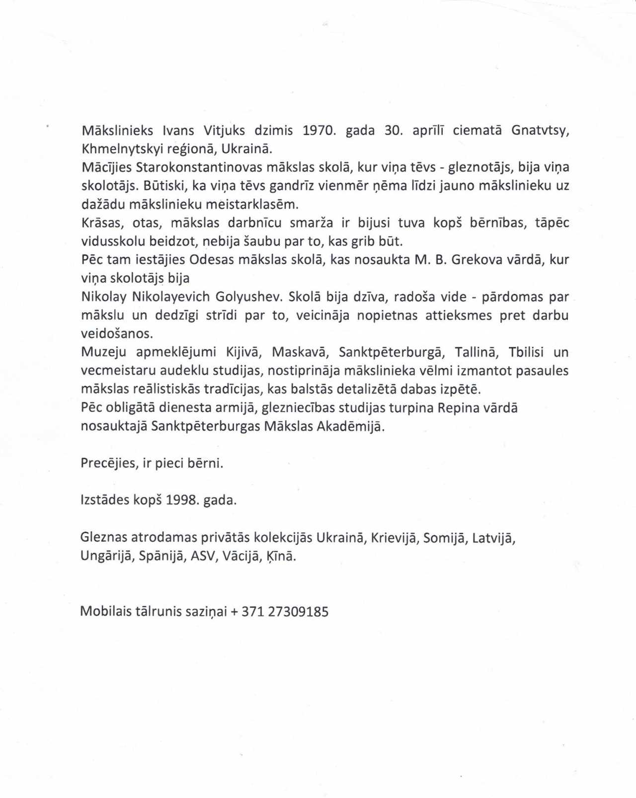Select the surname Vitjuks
224,131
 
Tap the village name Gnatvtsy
540,131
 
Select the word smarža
312,223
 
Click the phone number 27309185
298,612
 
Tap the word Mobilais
105,611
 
